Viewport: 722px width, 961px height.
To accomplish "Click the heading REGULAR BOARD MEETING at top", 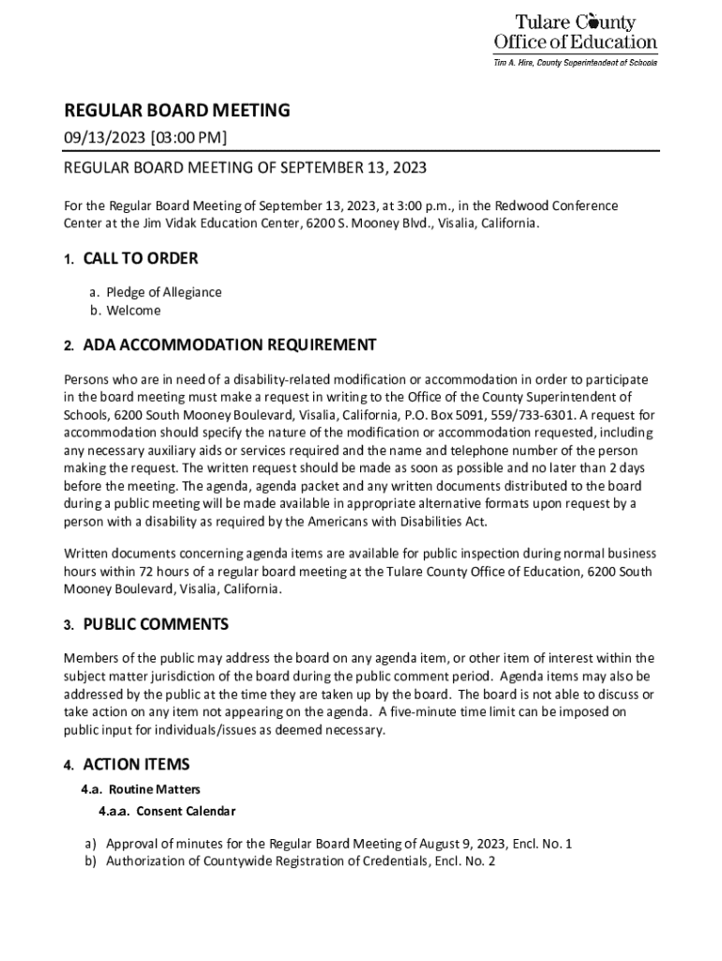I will click(x=176, y=111).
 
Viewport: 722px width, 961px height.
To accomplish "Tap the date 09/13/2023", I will click(x=98, y=139).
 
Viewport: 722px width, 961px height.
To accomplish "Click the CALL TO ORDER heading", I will click(x=140, y=259).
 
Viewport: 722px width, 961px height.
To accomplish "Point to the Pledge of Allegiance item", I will click(x=163, y=292).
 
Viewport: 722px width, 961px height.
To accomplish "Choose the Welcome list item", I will click(x=133, y=311).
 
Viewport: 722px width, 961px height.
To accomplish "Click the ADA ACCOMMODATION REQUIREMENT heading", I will click(x=230, y=345).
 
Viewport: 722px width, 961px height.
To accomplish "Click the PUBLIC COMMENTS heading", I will click(x=156, y=625).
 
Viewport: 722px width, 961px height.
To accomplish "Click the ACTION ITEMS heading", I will click(x=136, y=765).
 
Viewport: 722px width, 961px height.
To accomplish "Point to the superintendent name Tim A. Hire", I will click(x=519, y=62).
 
